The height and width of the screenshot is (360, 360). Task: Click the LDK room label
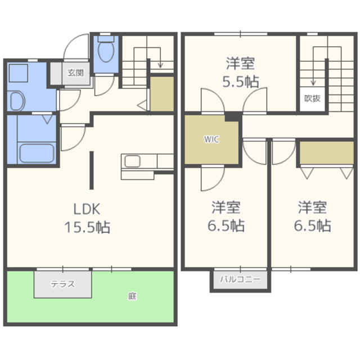point(87,209)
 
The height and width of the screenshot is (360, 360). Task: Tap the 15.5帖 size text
point(87,227)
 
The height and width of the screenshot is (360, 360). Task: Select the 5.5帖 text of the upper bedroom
point(241,82)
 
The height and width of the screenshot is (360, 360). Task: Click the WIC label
point(211,139)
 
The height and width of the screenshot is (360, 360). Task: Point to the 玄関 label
point(75,73)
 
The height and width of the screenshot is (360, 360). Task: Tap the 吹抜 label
point(313,98)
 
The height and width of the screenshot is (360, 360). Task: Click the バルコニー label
point(240,279)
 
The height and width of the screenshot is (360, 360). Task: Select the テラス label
point(62,284)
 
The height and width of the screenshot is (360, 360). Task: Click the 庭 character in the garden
point(132,296)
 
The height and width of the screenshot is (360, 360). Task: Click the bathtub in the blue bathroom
point(37,154)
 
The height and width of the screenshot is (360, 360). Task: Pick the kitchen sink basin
point(133,161)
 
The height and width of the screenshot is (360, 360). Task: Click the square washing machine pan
point(19,73)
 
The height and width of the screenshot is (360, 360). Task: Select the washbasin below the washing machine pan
point(16,101)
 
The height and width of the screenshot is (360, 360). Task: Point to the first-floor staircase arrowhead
point(160,65)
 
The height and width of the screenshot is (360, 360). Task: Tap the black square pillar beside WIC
point(232,117)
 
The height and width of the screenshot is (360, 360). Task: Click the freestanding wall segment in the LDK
point(91,170)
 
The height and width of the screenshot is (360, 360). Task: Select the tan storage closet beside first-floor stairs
point(162,94)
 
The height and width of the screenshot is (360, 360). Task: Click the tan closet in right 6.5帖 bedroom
point(327,152)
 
